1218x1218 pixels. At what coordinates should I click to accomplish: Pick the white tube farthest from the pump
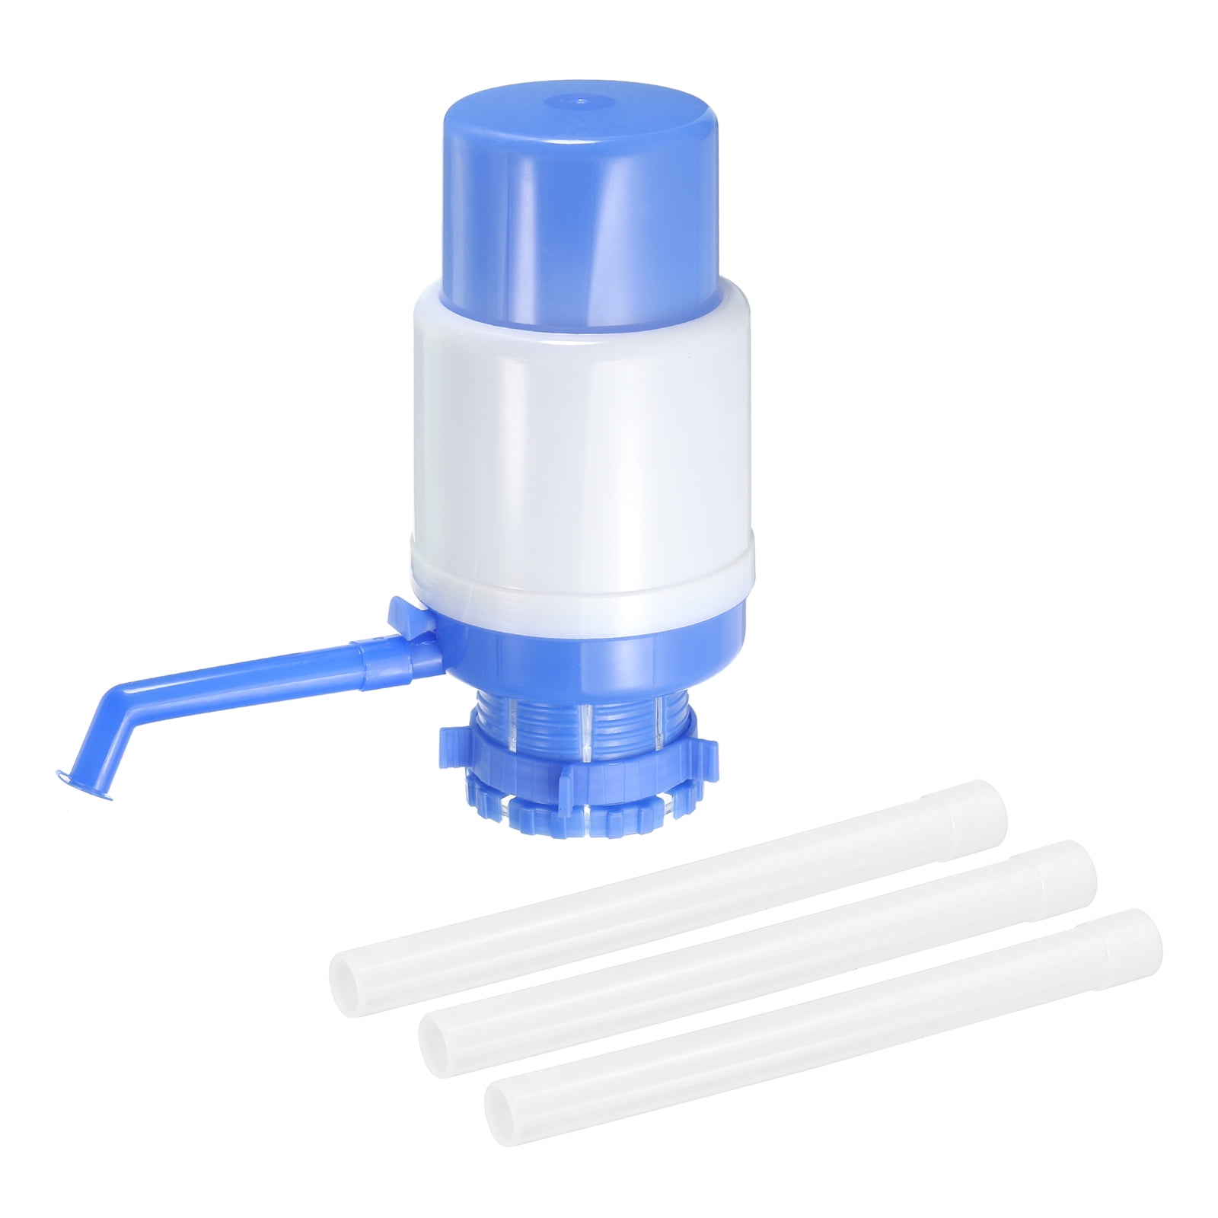(x=822, y=1020)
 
